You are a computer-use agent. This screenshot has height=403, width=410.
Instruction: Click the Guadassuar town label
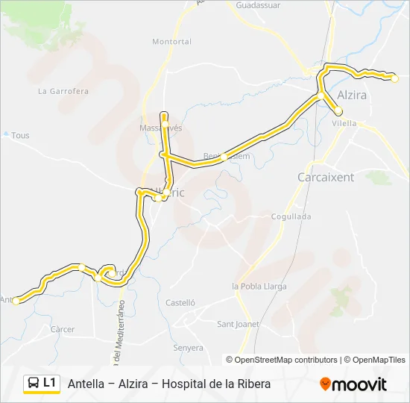[x=257, y=4]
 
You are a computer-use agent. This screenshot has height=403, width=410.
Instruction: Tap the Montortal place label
[x=171, y=42]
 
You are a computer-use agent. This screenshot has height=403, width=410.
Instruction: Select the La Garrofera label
[x=63, y=92]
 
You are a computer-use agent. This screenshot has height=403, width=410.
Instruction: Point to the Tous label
[x=21, y=136]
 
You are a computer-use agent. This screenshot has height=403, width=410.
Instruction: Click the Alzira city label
[x=352, y=96]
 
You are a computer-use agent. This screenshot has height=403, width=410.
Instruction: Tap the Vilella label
[x=344, y=123]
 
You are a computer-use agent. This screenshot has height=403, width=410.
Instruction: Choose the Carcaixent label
[x=326, y=178]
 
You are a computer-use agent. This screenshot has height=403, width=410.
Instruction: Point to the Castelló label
[x=180, y=303]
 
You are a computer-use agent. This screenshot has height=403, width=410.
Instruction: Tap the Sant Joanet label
[x=238, y=324]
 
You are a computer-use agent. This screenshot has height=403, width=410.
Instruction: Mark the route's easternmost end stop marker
[x=395, y=78]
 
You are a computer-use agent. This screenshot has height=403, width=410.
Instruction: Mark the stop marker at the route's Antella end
[x=16, y=301]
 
